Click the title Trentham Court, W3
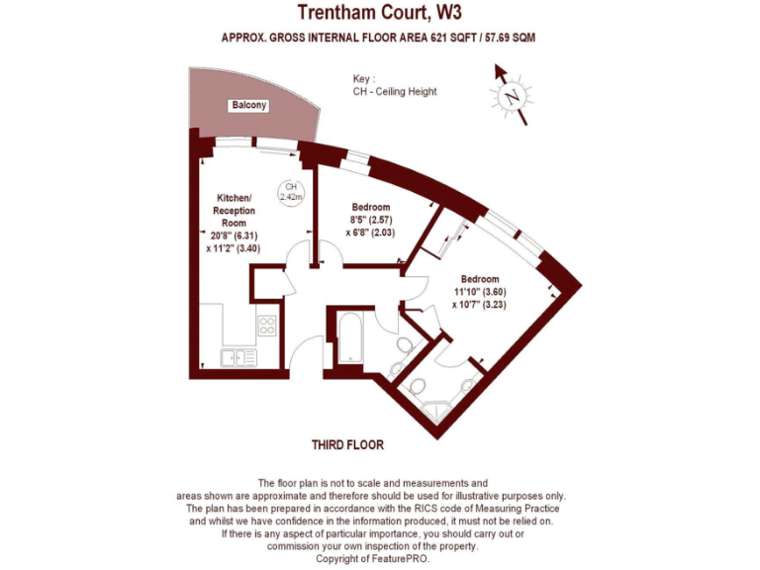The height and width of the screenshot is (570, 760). click(x=380, y=13)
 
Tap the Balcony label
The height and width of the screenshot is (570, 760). click(x=248, y=105)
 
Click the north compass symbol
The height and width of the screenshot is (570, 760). click(x=512, y=96)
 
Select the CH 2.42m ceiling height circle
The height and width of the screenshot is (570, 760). click(x=291, y=192)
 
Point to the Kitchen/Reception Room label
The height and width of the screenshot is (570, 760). click(x=235, y=210)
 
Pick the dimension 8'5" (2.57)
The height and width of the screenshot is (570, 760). click(x=371, y=220)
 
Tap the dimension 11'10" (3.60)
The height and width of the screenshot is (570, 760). click(x=479, y=292)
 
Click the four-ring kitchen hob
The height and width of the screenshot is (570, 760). click(x=266, y=324)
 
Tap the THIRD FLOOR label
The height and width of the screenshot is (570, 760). click(x=347, y=445)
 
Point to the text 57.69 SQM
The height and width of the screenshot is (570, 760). click(x=508, y=38)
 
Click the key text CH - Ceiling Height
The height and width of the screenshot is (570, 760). click(x=395, y=92)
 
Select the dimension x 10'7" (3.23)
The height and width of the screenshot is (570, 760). click(x=479, y=305)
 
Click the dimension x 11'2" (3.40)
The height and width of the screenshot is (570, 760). click(x=235, y=248)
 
